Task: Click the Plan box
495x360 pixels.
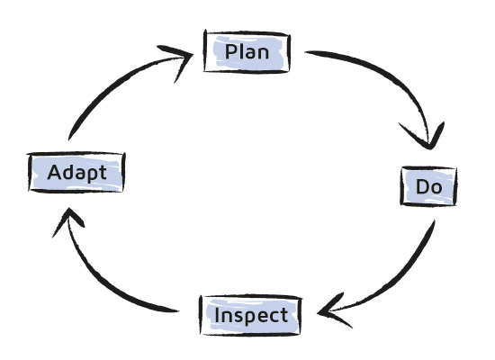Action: (247, 52)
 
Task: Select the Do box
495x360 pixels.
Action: (428, 186)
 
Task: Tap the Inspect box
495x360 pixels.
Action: (251, 315)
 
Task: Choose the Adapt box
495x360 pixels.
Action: (76, 173)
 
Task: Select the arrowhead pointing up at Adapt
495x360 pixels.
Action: (67, 220)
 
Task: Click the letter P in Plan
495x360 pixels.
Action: (231, 51)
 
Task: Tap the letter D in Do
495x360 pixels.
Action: (422, 186)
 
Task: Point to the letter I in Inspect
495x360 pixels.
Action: (217, 315)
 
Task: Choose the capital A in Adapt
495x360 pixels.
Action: (54, 173)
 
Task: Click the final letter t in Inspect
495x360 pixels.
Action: (283, 316)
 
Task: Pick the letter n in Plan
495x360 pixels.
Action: (263, 54)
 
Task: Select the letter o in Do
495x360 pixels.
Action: (436, 188)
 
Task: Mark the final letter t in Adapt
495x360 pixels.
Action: (102, 173)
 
